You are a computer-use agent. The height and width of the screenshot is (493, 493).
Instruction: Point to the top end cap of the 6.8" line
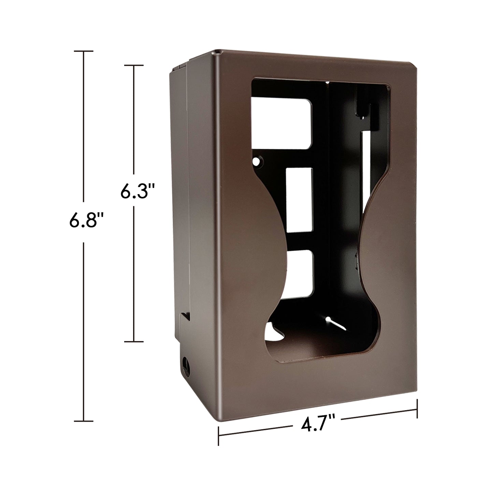(x=84, y=51)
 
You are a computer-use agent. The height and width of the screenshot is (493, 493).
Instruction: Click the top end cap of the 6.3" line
(x=133, y=65)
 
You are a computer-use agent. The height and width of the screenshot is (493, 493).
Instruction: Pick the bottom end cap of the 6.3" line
(x=133, y=341)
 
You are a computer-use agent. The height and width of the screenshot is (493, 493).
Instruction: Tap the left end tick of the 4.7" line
(x=218, y=436)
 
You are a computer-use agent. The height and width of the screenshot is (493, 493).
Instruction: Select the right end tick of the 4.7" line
(x=417, y=408)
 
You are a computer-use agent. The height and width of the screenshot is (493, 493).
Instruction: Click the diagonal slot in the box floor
(x=336, y=323)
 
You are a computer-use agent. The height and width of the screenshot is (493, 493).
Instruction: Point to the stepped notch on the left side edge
(x=185, y=316)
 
